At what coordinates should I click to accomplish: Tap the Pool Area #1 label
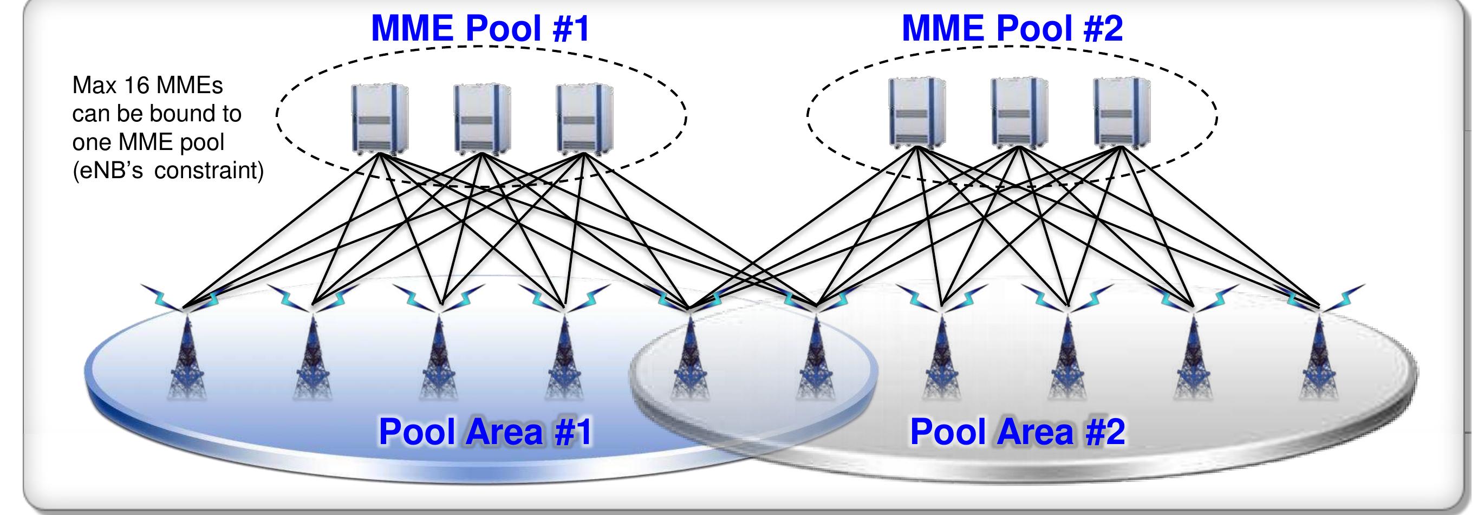(485, 431)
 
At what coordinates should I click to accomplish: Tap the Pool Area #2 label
(1017, 431)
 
